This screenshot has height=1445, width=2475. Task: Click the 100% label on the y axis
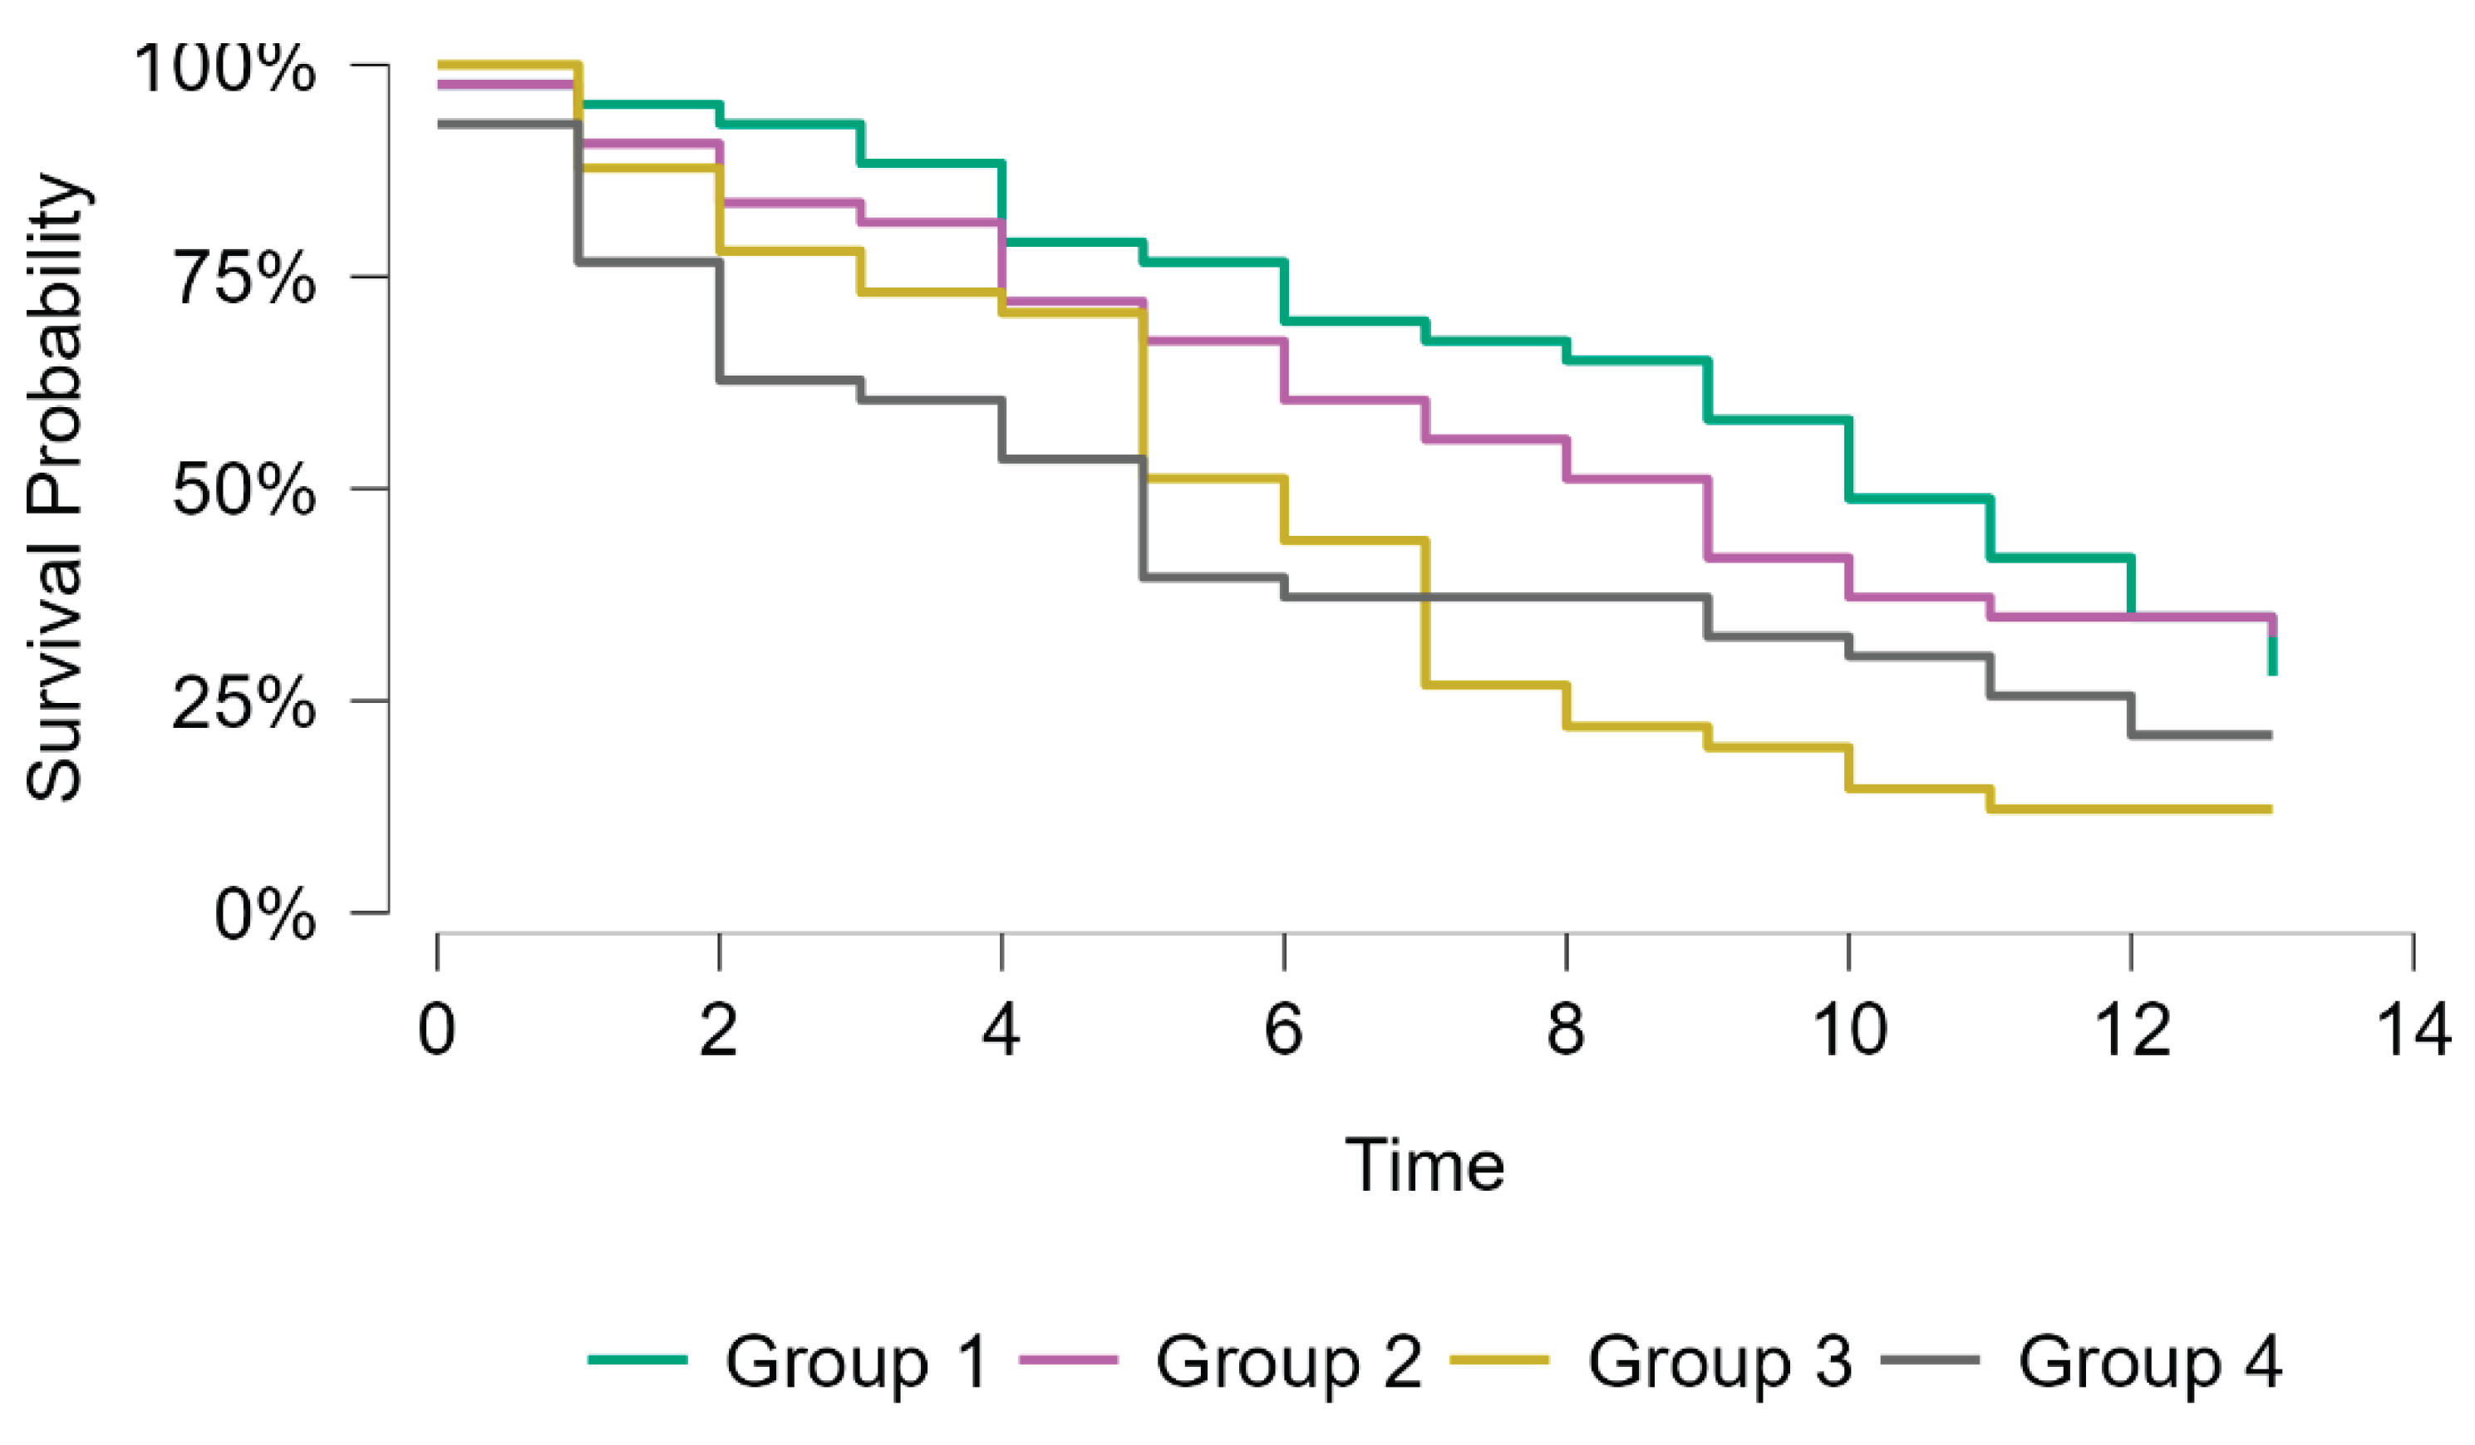click(224, 69)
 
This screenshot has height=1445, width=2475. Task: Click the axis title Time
click(1424, 1166)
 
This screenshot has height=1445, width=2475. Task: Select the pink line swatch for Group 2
click(1070, 1360)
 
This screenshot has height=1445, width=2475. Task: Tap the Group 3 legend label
click(1719, 1363)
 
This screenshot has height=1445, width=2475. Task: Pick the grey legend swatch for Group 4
click(1931, 1360)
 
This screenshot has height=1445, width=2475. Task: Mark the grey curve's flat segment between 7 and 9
click(1567, 597)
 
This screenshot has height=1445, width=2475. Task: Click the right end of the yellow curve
click(2269, 809)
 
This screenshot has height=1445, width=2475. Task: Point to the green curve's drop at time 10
click(1849, 460)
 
